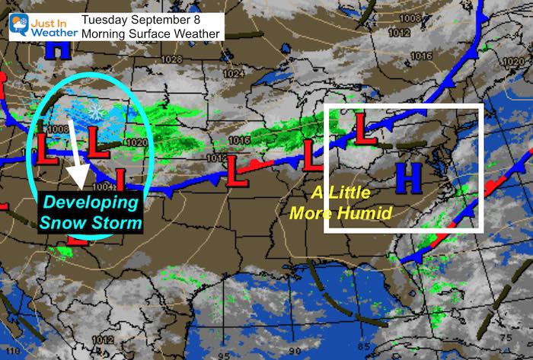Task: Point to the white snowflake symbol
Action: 96,112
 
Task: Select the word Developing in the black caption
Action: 91,202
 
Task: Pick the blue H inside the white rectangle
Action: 409,177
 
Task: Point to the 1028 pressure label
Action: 174,59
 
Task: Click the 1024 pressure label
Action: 228,74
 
